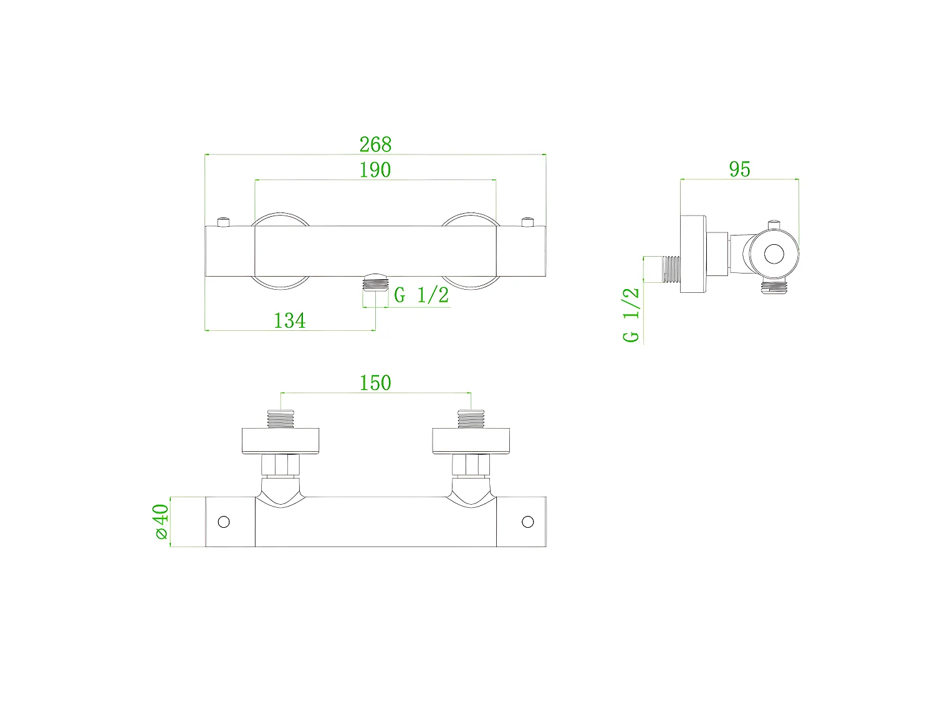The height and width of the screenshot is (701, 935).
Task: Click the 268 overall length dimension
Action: tap(375, 145)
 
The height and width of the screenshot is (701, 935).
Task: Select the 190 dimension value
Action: tap(375, 169)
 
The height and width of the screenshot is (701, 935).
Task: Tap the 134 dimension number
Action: tap(290, 320)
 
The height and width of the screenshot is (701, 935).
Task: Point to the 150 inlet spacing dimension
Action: tap(375, 383)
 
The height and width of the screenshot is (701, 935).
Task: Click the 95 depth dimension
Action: tap(739, 169)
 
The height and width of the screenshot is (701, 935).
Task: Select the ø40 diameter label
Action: tap(160, 522)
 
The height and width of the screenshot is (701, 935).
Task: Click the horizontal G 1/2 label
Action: tap(421, 295)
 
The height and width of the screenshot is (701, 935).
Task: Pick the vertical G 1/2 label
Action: tap(631, 315)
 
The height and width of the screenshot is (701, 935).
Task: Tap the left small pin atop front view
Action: tap(223, 221)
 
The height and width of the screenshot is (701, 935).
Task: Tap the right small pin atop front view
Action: tap(528, 221)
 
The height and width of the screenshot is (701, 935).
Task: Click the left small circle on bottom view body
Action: tap(223, 522)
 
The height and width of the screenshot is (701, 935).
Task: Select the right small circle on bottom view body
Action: tap(527, 522)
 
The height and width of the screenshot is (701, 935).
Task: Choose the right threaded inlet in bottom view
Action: tap(471, 419)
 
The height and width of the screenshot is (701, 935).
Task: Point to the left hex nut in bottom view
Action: tap(280, 464)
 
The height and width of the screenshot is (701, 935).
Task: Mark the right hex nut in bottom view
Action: tap(471, 464)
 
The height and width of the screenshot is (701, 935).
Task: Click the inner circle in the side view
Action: tap(774, 254)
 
